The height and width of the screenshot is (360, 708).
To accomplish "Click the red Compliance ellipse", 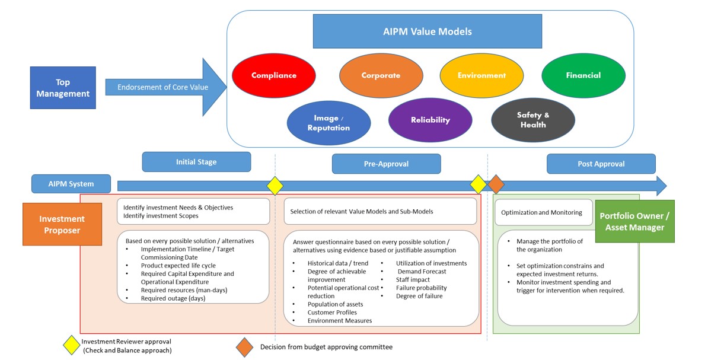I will (273, 75).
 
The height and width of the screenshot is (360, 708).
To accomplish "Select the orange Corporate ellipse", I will (381, 75).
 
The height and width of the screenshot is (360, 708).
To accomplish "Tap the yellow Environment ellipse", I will (481, 75).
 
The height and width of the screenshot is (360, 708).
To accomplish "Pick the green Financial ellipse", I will (583, 75).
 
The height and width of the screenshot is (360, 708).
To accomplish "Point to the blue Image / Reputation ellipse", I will (329, 123).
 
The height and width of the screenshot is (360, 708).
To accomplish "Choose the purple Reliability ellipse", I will (430, 120).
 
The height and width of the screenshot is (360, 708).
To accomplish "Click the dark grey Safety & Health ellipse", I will (533, 120).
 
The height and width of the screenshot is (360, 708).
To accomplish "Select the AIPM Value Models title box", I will (427, 31).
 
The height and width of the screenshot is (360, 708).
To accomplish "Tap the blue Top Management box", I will (63, 88).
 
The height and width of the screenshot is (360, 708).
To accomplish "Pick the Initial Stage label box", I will (196, 162).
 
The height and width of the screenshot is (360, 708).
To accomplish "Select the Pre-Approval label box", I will (386, 164).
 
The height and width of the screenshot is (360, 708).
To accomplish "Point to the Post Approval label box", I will (601, 164).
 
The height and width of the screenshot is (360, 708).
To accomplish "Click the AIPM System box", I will (71, 184).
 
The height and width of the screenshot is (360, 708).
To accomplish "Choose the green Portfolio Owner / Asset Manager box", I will (634, 221).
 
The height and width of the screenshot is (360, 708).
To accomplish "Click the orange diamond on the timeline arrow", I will (496, 184).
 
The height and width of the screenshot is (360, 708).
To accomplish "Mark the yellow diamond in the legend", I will (72, 345).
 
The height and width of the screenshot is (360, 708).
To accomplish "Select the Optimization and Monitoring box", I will (543, 212).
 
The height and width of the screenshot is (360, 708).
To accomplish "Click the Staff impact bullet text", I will (413, 279).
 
